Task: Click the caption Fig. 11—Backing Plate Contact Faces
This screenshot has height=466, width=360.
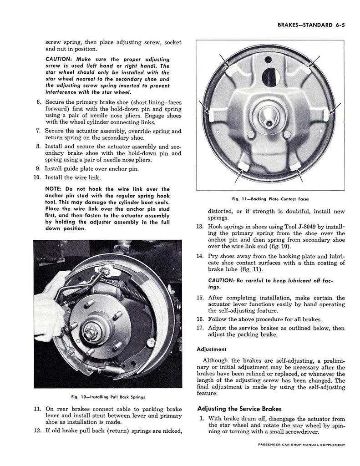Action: pyautogui.click(x=270, y=199)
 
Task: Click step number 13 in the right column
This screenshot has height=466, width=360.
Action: pyautogui.click(x=199, y=227)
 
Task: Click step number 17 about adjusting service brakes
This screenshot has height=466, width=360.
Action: pyautogui.click(x=199, y=328)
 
